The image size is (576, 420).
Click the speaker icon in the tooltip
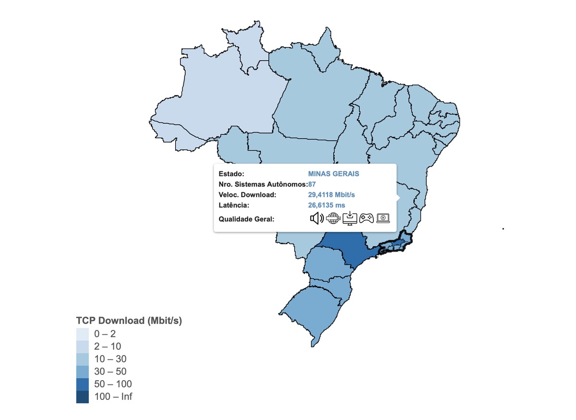[x=316, y=218]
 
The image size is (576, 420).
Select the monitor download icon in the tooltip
[x=350, y=218]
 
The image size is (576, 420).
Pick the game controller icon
[x=367, y=218]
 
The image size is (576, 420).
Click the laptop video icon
[x=383, y=218]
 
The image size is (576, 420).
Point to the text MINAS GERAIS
[x=334, y=174]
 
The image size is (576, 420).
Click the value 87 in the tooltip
[x=312, y=184]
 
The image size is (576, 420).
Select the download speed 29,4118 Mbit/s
[x=331, y=195]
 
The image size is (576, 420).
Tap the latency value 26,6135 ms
[x=326, y=205]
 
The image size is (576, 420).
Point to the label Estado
[x=231, y=174]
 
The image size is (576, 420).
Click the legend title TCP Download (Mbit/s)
[x=129, y=321]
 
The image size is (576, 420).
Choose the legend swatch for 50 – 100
[x=82, y=384]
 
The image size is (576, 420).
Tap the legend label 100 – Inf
[x=113, y=397]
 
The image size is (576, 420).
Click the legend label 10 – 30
[x=110, y=359]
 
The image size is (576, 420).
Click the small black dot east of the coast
[x=503, y=229]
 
